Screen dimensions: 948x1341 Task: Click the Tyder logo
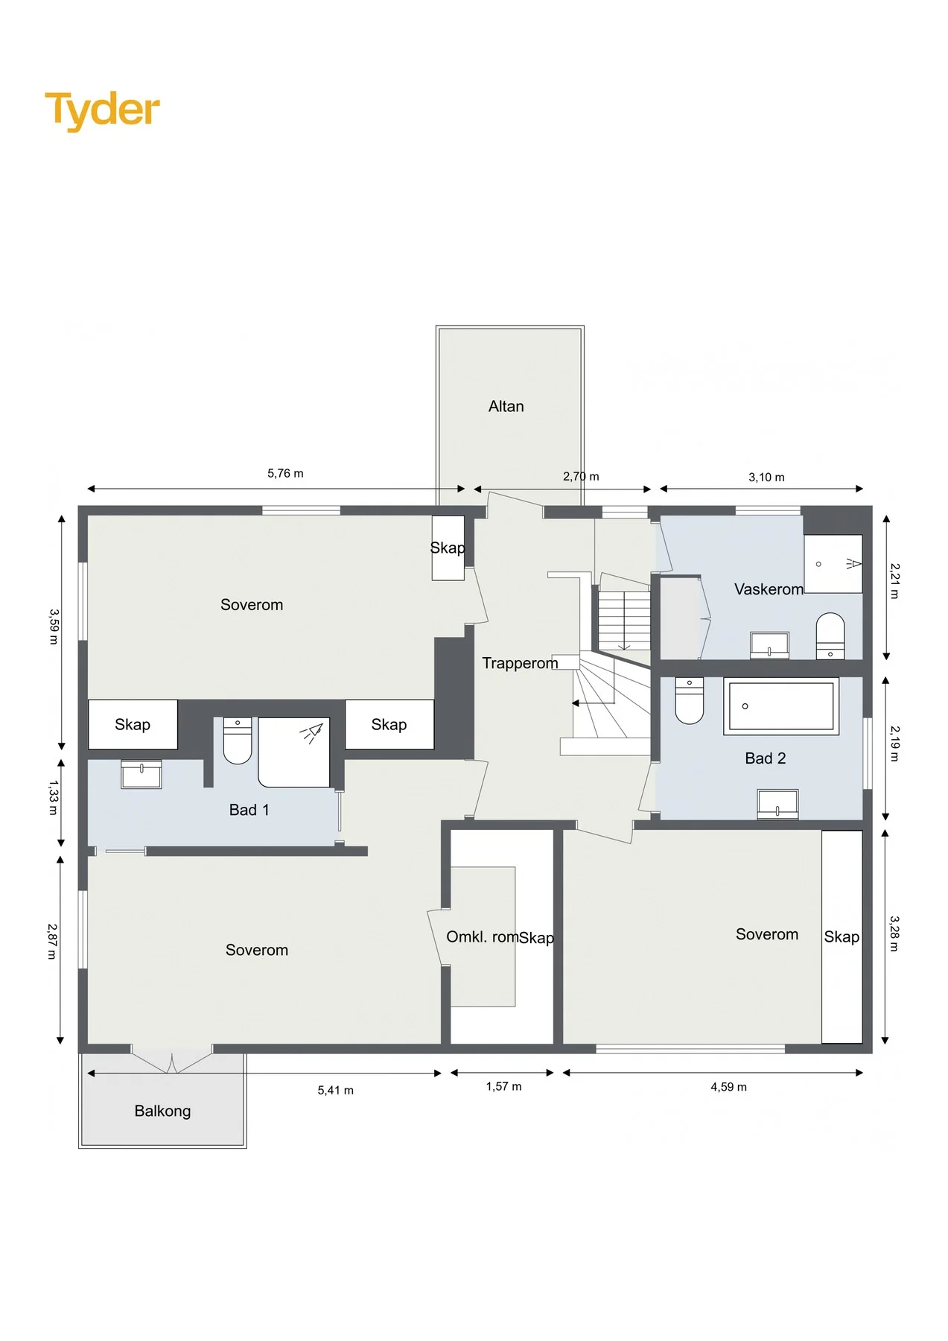tap(103, 110)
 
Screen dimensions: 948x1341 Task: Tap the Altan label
tap(506, 407)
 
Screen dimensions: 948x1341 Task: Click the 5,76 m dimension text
tap(285, 474)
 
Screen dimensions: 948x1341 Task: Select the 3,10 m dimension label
tap(766, 478)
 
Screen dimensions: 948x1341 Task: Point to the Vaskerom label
tap(769, 589)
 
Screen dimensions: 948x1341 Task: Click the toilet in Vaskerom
tap(830, 635)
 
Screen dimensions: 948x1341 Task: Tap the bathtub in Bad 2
tap(781, 706)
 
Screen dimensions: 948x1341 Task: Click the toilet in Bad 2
tap(690, 700)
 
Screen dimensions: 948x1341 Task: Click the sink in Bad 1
tap(141, 775)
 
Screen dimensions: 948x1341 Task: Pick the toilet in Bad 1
tap(238, 741)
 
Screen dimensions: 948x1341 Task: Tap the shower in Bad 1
tap(294, 752)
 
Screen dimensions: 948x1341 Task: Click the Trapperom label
tap(520, 663)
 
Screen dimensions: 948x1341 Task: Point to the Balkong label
tap(162, 1111)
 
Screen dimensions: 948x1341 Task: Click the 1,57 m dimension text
tap(504, 1086)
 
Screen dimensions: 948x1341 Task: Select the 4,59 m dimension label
tap(728, 1087)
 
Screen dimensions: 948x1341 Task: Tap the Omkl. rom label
tap(483, 936)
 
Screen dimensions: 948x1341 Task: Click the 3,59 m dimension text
tap(54, 627)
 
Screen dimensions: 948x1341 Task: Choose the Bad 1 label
tap(249, 810)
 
